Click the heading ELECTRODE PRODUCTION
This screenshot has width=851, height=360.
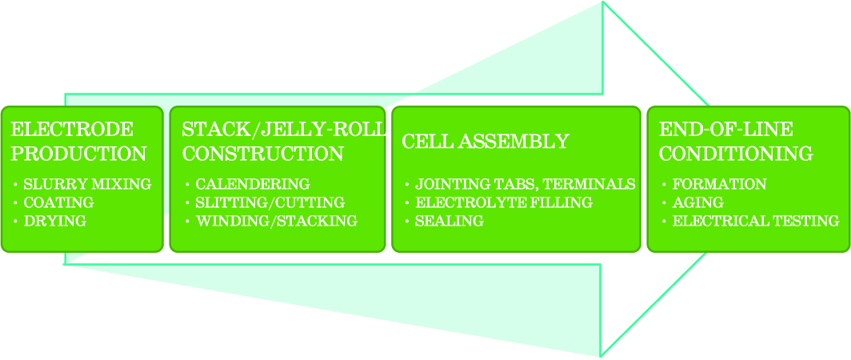[78, 142]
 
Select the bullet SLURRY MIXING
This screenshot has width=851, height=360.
[87, 185]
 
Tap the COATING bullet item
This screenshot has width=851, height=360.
[58, 202]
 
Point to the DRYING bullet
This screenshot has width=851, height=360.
[55, 221]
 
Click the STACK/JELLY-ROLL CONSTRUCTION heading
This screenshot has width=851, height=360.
[284, 142]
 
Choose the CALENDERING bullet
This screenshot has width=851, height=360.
[253, 185]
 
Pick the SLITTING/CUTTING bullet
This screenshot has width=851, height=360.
[270, 202]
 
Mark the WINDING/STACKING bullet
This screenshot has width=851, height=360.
[277, 221]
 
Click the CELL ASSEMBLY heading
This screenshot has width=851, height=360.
[485, 142]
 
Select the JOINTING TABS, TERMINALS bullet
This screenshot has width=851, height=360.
[525, 185]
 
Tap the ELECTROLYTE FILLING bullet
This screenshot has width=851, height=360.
[504, 202]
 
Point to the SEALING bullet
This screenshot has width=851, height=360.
[449, 221]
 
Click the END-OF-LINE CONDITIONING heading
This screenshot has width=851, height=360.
[736, 142]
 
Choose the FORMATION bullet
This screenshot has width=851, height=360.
[720, 185]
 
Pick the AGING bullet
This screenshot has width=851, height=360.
[698, 202]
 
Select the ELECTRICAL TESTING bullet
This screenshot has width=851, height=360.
[756, 221]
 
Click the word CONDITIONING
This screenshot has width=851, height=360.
[736, 154]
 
